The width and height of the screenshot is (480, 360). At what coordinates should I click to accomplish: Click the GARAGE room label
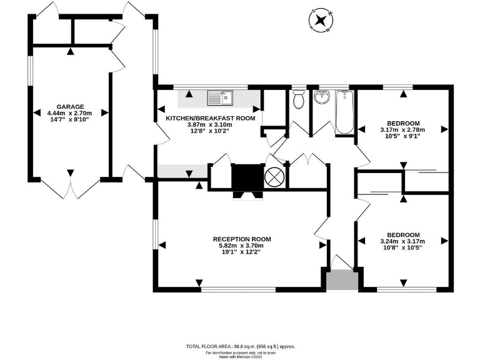coord(70,107)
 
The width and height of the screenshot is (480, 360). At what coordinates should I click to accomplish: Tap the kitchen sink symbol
coord(220,97)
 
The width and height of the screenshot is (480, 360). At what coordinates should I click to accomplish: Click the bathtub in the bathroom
coord(345,112)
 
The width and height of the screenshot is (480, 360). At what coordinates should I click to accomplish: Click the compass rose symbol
coord(321,21)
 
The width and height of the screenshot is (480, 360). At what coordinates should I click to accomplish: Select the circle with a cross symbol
coord(274,177)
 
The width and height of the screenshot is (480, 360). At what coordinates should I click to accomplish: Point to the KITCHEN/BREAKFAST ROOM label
coord(210,118)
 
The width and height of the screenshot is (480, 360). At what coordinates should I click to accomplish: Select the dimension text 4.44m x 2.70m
coord(69,113)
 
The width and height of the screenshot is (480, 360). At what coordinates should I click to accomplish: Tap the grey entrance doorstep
coord(342,279)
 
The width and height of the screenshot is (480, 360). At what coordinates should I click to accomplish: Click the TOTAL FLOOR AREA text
coord(241,346)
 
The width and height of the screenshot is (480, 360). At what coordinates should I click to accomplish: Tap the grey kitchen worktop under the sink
coord(219,99)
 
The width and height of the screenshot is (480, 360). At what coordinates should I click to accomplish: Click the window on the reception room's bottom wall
coord(238,289)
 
